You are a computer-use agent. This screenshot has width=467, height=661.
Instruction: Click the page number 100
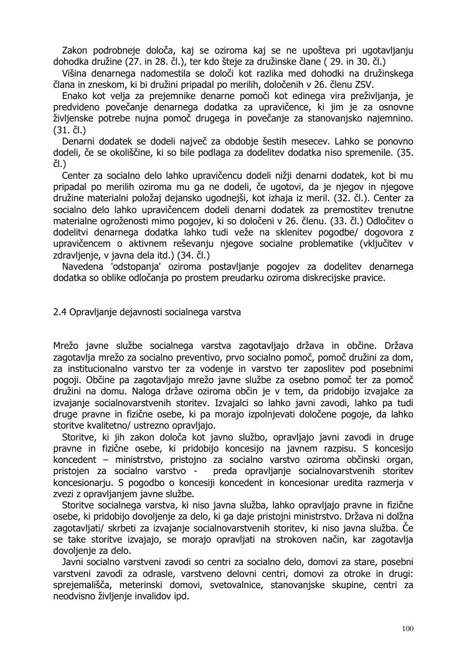coord(408,628)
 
